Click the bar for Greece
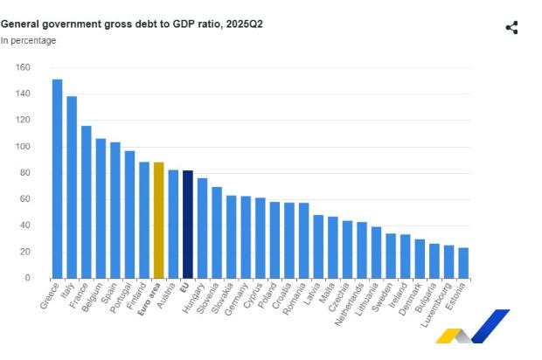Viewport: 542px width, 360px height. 58,179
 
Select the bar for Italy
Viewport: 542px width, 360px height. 72,187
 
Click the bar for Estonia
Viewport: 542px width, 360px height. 462,263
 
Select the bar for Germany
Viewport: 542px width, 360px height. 246,237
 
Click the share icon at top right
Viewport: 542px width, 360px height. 512,27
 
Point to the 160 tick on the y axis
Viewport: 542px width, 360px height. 24,67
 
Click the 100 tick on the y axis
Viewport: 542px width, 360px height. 24,147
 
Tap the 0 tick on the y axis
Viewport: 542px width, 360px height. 28,278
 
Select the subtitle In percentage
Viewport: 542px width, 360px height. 28,40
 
